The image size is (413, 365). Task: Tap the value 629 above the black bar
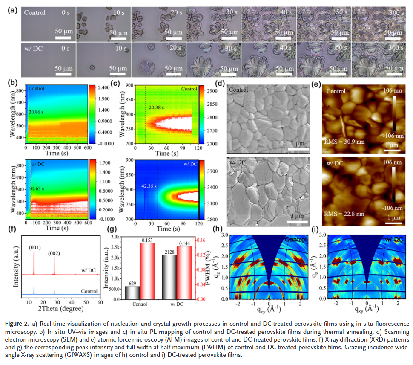[133, 282]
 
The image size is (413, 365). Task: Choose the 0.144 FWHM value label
[184, 243]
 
